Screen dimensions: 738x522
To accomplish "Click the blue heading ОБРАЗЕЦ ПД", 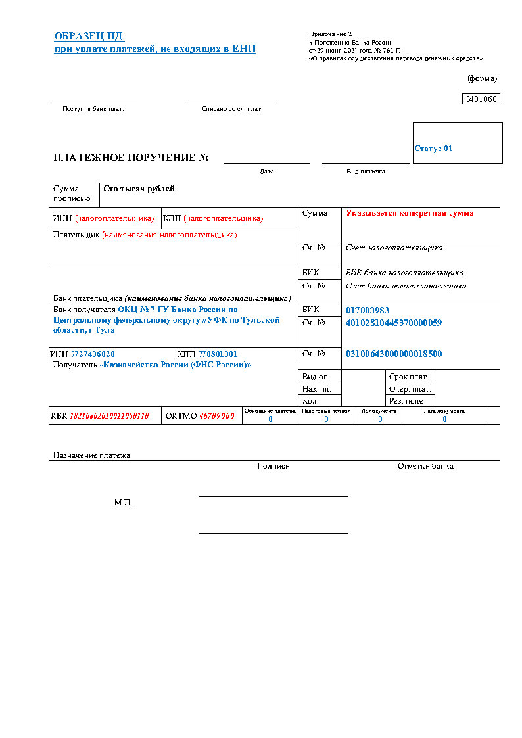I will pyautogui.click(x=89, y=36).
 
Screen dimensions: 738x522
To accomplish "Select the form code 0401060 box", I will pyautogui.click(x=482, y=99).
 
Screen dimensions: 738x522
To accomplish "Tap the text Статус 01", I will pyautogui.click(x=433, y=149).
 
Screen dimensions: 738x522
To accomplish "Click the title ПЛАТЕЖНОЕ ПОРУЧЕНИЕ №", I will pyautogui.click(x=131, y=158).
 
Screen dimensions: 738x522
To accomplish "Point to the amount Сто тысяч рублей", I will pyautogui.click(x=139, y=189).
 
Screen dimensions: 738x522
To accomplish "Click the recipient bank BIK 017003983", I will pyautogui.click(x=368, y=310).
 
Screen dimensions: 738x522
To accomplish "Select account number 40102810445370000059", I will pyautogui.click(x=394, y=323).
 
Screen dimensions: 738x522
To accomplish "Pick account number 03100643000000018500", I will pyautogui.click(x=394, y=354).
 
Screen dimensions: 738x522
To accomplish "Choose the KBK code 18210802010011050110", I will pyautogui.click(x=109, y=416).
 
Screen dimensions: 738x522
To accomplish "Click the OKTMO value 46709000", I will pyautogui.click(x=217, y=416).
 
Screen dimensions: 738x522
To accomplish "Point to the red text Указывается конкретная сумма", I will pyautogui.click(x=410, y=213).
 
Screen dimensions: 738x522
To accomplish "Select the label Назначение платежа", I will pyautogui.click(x=92, y=455).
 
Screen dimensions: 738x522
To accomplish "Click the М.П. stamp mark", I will pyautogui.click(x=124, y=503).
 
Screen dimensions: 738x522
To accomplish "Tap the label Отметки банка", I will pyautogui.click(x=425, y=466).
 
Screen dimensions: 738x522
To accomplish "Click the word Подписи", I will pyautogui.click(x=273, y=466).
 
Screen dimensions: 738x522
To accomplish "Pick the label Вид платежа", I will pyautogui.click(x=366, y=172).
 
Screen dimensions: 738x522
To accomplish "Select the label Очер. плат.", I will pyautogui.click(x=410, y=389).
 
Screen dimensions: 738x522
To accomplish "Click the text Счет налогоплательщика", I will pyautogui.click(x=394, y=248).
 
